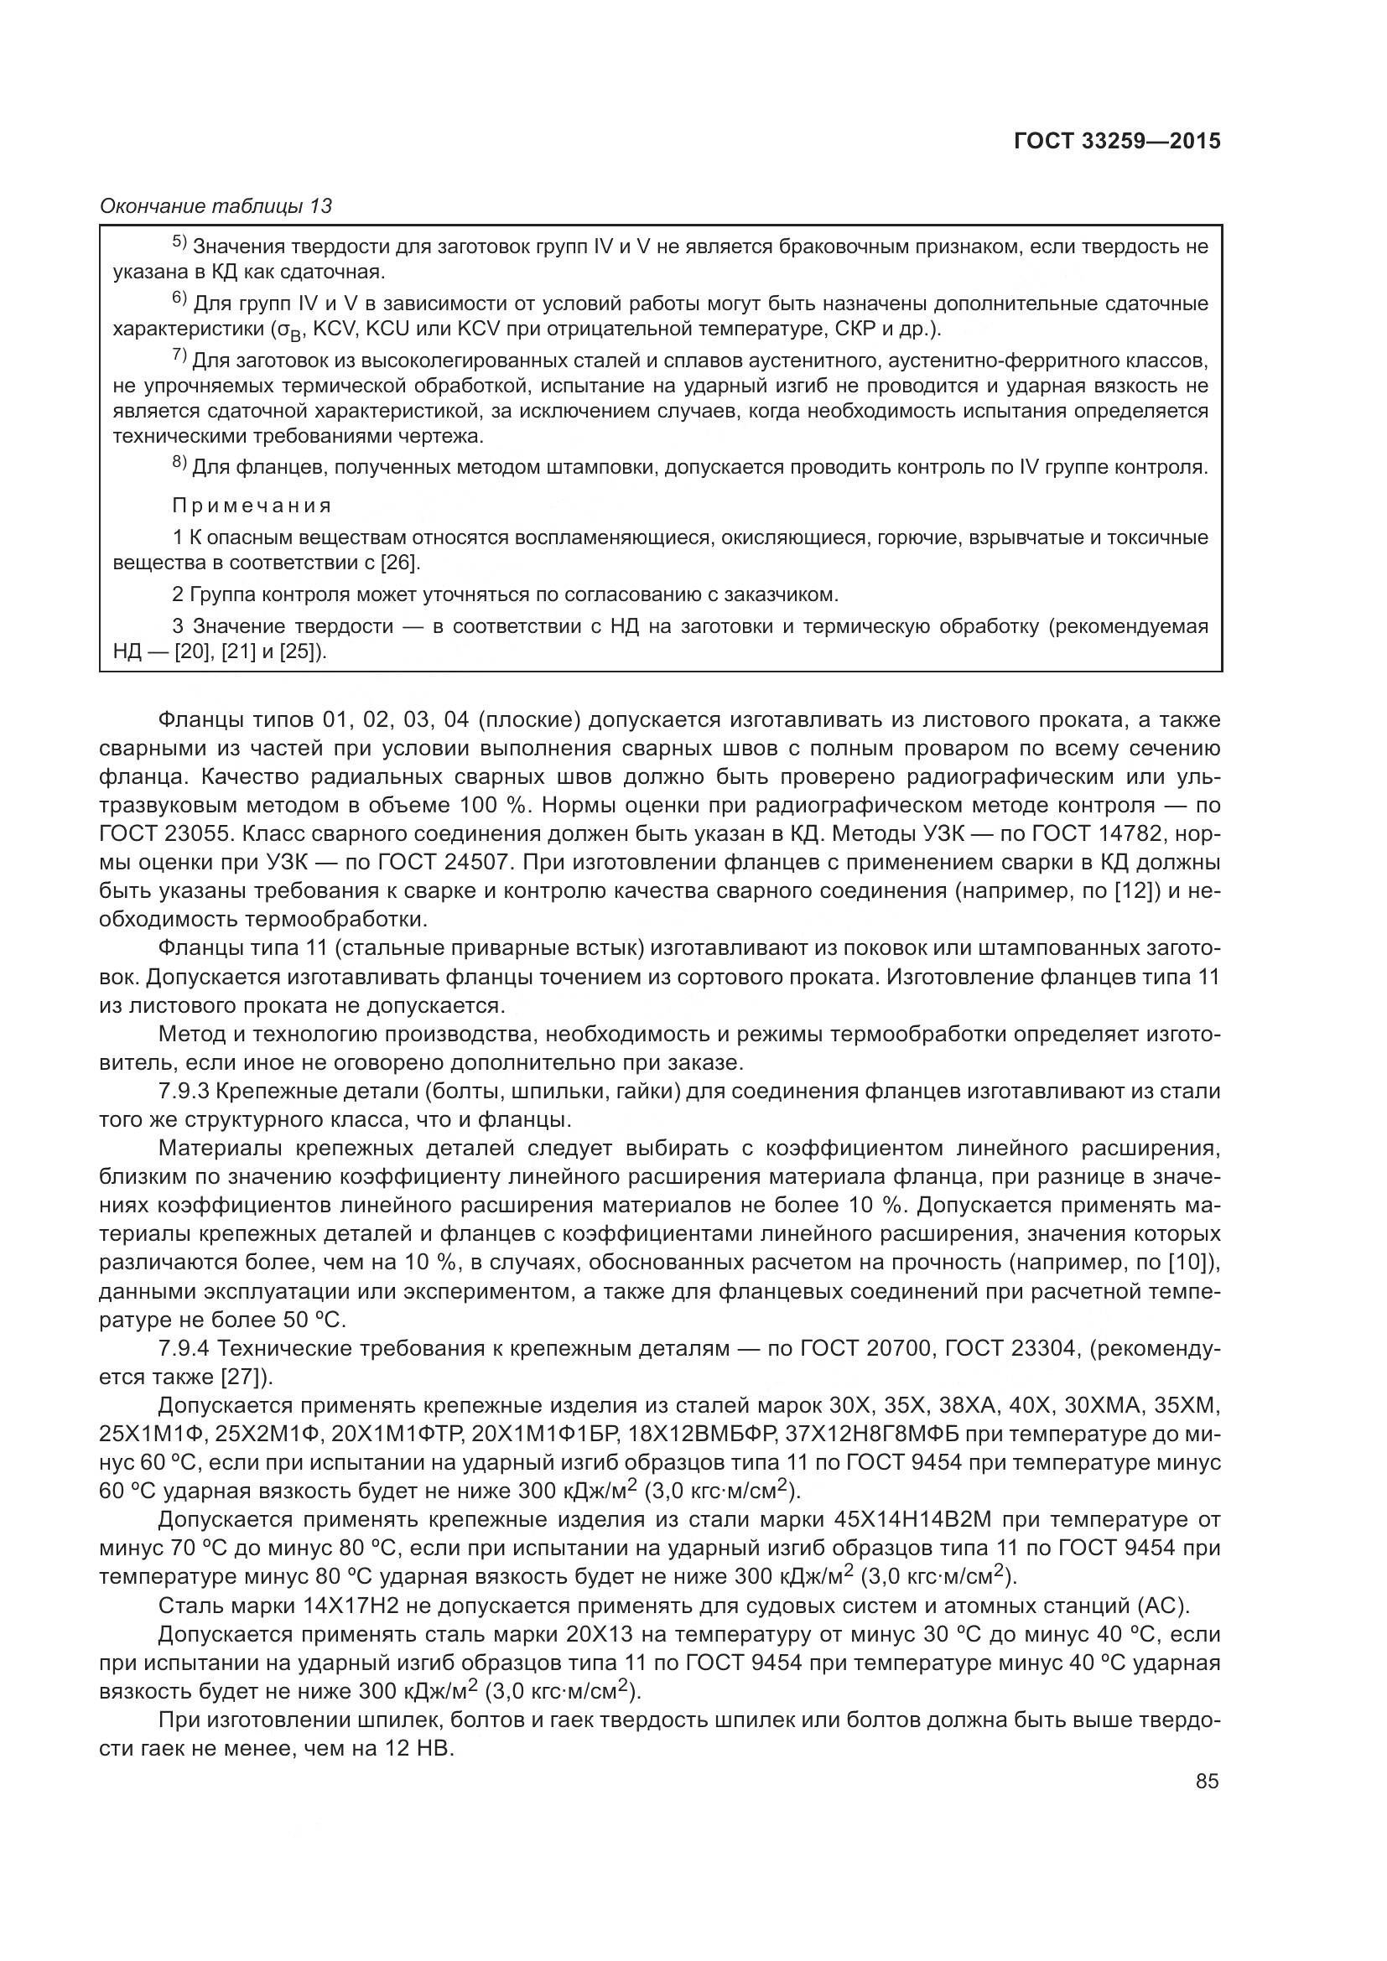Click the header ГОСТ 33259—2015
pos(1116,142)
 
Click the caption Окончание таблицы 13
pos(216,206)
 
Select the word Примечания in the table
pos(252,506)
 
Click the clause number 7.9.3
pos(184,1092)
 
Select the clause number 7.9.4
pos(184,1349)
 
